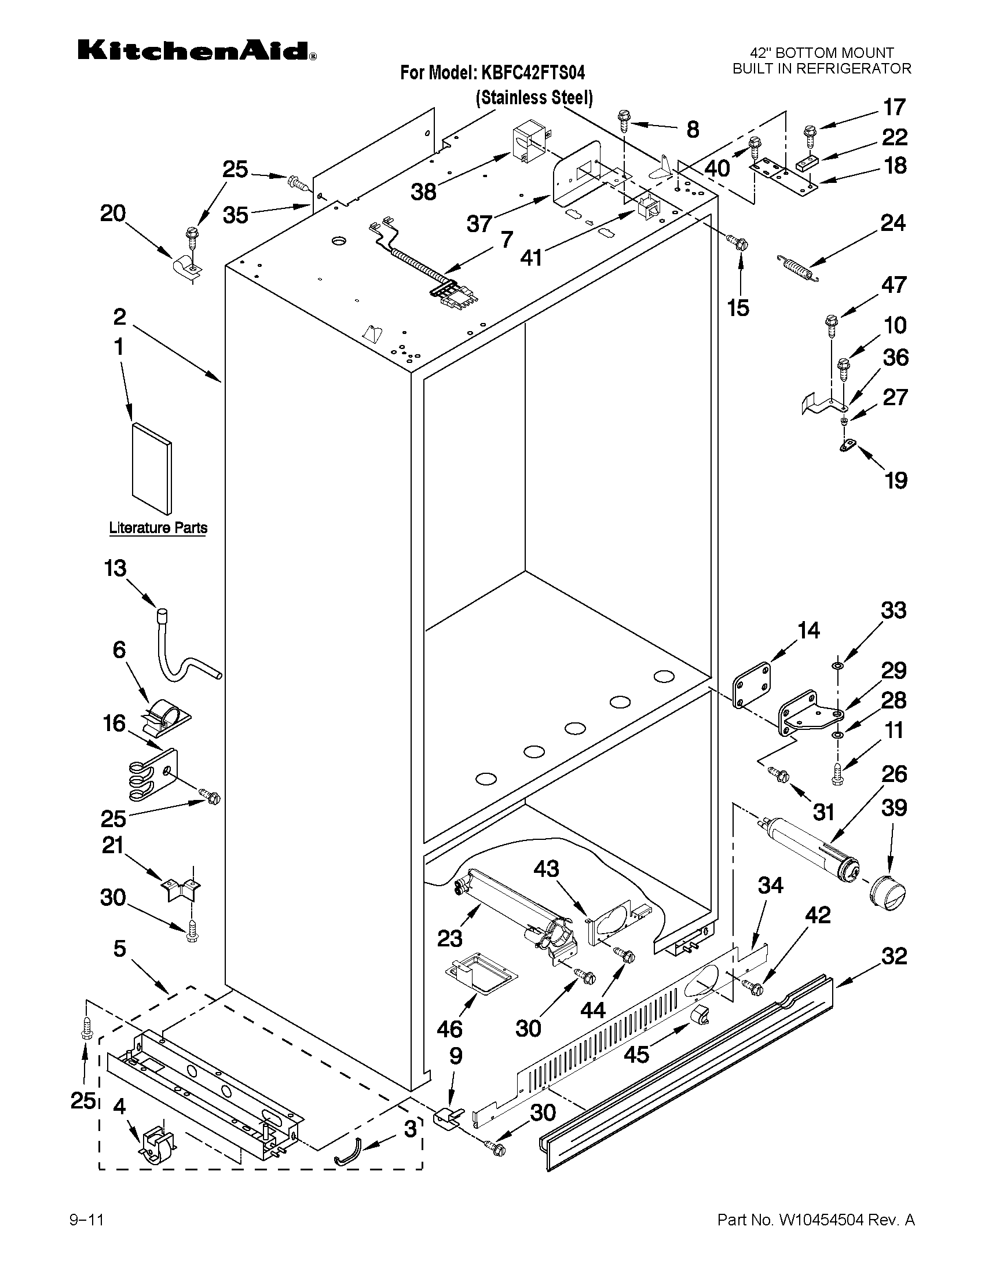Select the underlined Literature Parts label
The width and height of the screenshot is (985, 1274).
158,528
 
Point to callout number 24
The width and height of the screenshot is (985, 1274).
893,223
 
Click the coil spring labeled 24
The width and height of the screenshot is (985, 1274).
798,268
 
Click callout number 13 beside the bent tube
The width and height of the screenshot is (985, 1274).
115,568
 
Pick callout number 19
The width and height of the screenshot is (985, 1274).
896,480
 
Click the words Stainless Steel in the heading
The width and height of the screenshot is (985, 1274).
534,98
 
